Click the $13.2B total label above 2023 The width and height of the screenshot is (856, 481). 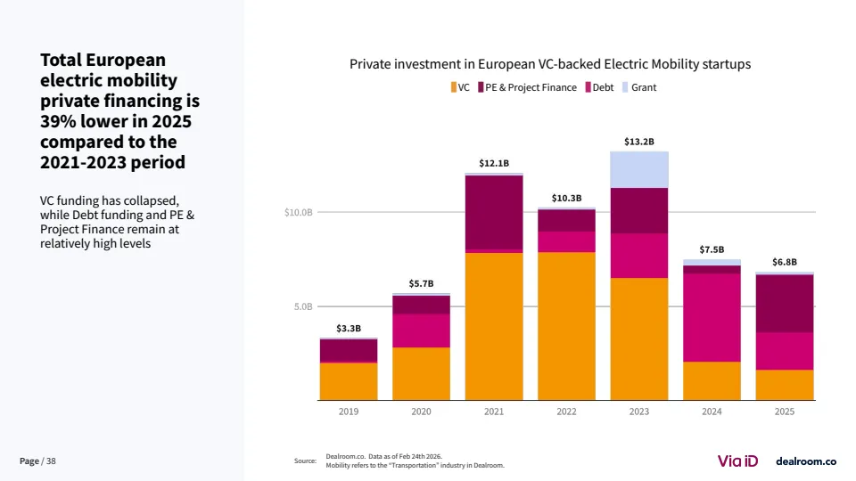[639, 142]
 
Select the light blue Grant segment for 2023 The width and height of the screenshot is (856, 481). [639, 169]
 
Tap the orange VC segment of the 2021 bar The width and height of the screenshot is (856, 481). [494, 326]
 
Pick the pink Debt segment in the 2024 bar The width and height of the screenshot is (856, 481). [712, 317]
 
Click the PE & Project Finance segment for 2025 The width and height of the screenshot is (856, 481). [785, 303]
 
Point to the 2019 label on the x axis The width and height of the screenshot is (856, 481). [349, 412]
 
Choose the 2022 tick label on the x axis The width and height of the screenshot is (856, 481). [566, 412]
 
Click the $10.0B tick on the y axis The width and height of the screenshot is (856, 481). [298, 213]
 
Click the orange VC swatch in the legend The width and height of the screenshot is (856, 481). [454, 87]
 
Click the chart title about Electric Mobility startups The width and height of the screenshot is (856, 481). [550, 64]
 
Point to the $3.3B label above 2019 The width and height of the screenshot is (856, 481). [349, 329]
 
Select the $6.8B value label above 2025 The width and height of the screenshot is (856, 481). [785, 262]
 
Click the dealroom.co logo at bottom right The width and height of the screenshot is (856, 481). [805, 461]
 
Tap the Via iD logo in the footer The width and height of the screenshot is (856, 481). [737, 461]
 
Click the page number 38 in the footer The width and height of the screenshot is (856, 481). [51, 461]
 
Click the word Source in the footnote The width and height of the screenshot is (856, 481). [305, 461]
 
